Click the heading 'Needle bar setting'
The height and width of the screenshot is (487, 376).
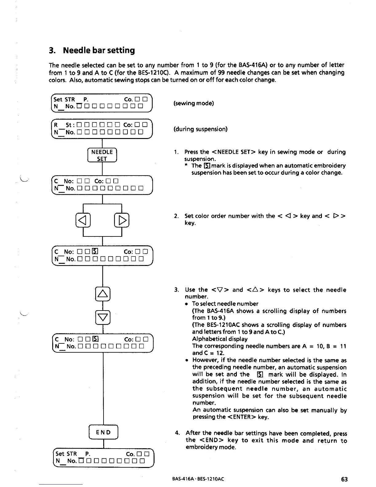click(x=99, y=50)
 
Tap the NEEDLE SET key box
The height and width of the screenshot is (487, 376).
click(x=102, y=155)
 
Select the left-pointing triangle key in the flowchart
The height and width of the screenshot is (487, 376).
click(x=83, y=220)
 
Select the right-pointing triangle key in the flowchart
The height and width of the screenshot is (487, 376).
click(x=122, y=220)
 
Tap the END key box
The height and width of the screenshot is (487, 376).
click(x=104, y=432)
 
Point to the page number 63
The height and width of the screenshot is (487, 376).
click(x=344, y=479)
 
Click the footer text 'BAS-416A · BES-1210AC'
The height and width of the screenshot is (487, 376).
click(x=198, y=479)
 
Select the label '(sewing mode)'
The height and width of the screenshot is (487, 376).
click(x=194, y=103)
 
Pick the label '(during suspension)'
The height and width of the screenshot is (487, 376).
click(x=201, y=129)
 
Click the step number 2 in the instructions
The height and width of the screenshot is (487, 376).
click(x=176, y=216)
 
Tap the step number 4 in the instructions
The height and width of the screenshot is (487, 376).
click(x=177, y=433)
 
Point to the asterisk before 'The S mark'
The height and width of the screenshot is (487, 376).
click(x=186, y=166)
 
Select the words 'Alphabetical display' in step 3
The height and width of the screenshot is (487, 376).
click(x=220, y=339)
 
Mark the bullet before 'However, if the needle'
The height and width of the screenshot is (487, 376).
click(x=186, y=361)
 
